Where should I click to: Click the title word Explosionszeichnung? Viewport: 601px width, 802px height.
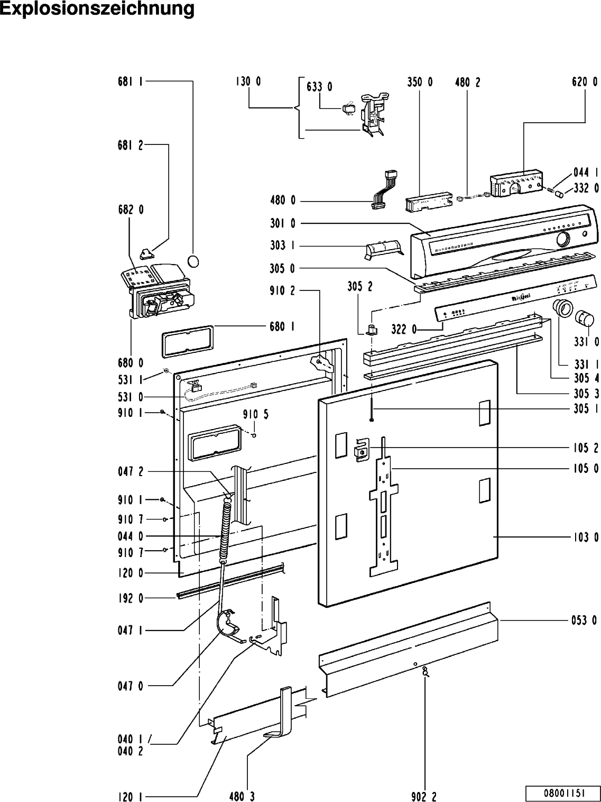click(97, 10)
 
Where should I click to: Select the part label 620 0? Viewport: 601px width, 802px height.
click(585, 82)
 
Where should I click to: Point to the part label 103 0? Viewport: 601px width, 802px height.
click(586, 537)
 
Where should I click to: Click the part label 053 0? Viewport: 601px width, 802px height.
click(586, 621)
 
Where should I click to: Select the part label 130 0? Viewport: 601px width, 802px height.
click(248, 82)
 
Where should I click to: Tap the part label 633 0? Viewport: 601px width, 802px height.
click(319, 87)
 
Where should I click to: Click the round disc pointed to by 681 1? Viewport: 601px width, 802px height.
click(193, 261)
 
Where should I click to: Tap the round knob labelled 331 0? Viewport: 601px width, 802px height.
click(585, 320)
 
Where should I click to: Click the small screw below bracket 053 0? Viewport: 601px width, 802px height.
click(425, 672)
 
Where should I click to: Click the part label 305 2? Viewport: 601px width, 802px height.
click(359, 287)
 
